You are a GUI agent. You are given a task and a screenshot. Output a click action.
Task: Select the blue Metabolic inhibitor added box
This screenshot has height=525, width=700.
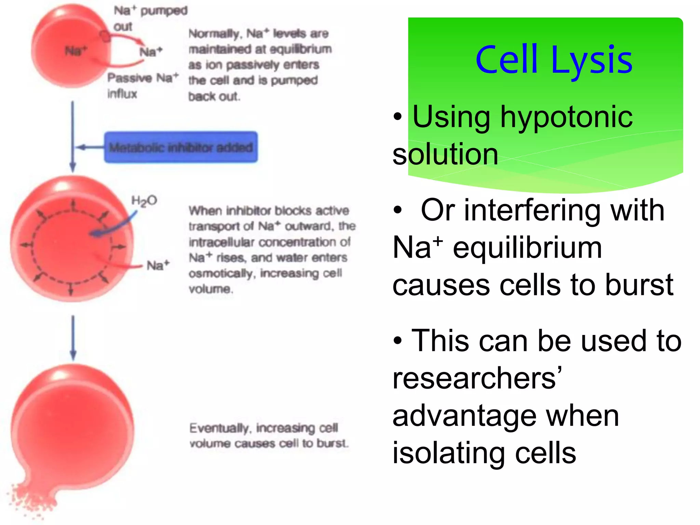click(x=181, y=147)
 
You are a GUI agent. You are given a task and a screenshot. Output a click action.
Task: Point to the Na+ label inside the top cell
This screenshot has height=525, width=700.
click(x=76, y=51)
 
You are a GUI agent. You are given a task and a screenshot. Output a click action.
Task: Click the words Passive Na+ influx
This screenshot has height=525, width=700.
click(x=142, y=85)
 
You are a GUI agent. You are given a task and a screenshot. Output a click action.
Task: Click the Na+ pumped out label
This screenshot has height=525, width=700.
click(x=150, y=18)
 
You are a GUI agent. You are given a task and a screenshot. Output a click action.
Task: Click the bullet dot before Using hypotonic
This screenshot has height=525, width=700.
click(x=398, y=117)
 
